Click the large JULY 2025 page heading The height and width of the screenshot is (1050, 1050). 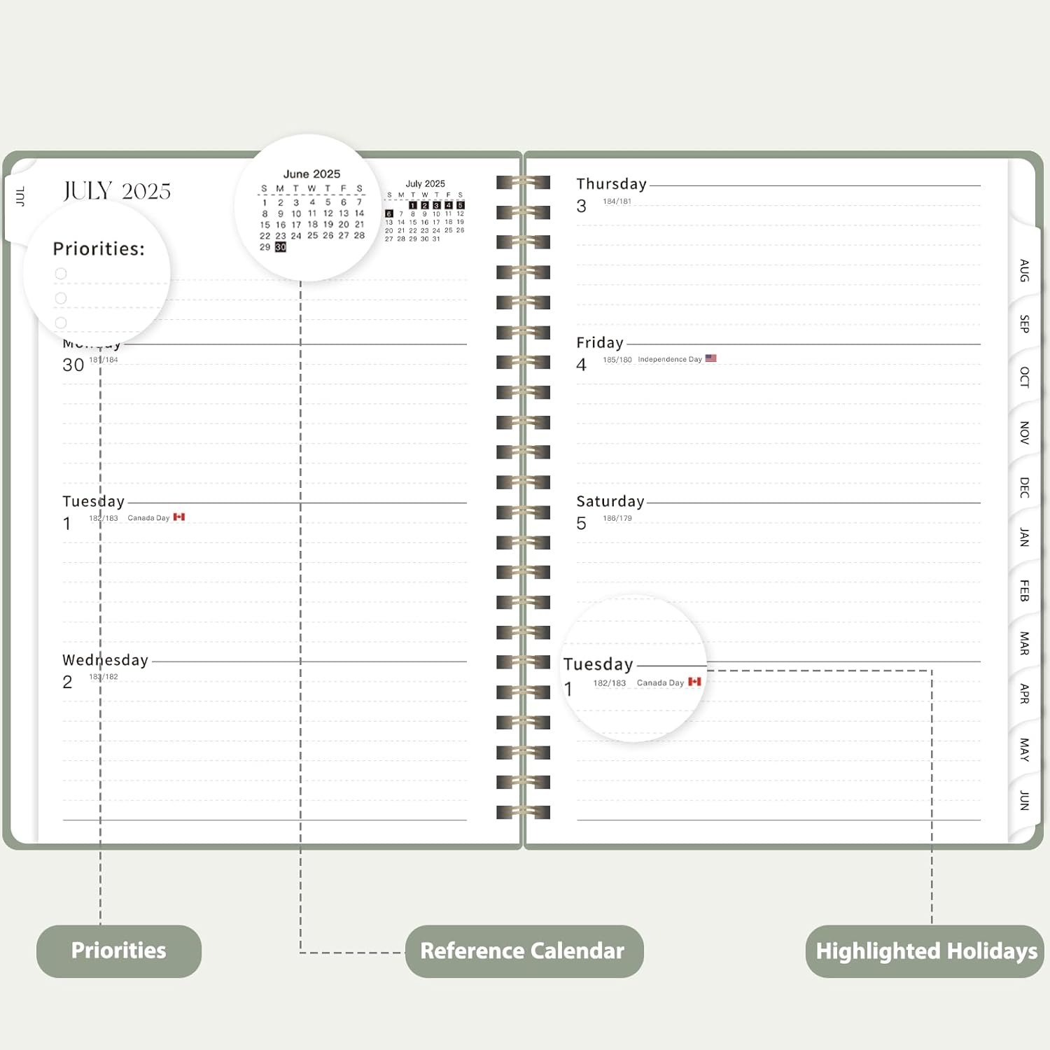117,191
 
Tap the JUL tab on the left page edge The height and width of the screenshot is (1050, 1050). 20,196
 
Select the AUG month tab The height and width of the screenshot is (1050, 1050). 1024,270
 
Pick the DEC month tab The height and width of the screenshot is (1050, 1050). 1024,487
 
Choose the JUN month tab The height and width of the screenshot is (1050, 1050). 1024,800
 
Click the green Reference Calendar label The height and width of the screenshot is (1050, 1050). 523,951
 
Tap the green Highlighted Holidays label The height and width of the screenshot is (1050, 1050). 925,951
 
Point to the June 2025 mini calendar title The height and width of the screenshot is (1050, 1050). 311,174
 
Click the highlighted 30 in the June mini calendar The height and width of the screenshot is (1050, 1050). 281,247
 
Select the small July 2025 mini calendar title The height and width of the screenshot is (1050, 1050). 425,183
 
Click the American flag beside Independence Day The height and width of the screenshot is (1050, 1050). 711,358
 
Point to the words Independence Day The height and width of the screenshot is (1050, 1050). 669,359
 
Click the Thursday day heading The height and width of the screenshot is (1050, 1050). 611,184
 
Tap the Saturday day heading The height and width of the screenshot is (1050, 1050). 610,501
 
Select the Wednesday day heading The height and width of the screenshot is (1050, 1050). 105,660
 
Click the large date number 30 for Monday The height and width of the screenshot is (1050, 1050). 73,365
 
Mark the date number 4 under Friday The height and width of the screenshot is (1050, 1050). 581,365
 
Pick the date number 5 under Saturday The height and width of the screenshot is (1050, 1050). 581,524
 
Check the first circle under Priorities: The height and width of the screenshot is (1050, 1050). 61,274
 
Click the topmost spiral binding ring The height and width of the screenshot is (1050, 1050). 523,183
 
